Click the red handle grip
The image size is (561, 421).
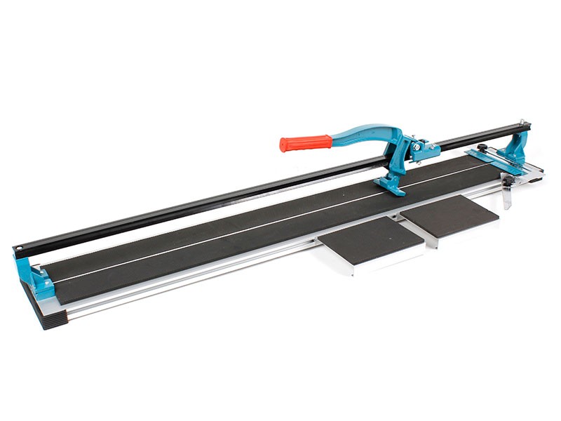point(305,143)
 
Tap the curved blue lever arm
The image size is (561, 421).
point(365,133)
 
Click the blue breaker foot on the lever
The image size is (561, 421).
point(391,184)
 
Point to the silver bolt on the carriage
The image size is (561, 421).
point(417,147)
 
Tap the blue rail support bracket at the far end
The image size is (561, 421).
point(518,144)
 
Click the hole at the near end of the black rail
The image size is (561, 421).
point(22,248)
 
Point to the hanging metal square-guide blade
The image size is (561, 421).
point(507,193)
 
